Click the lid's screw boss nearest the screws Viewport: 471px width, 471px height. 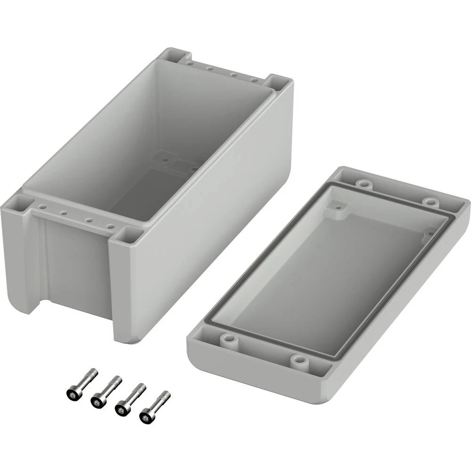(228, 338)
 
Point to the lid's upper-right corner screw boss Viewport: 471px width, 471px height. (430, 202)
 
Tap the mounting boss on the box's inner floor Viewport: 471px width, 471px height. (165, 159)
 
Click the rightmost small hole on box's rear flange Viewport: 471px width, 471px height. (255, 80)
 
